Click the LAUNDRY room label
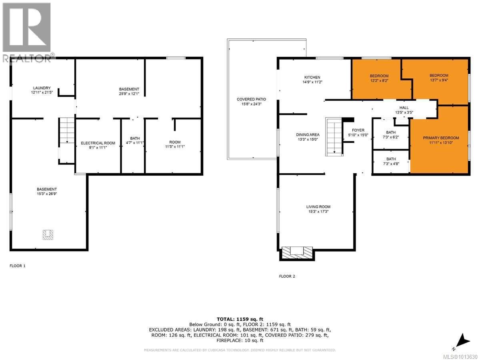pyautogui.click(x=42, y=88)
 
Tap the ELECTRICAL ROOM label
pyautogui.click(x=98, y=143)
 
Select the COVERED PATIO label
pyautogui.click(x=251, y=99)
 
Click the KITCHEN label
pyautogui.click(x=312, y=77)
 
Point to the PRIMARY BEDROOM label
pyautogui.click(x=441, y=138)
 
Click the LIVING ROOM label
pyautogui.click(x=318, y=207)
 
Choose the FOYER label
pyautogui.click(x=358, y=130)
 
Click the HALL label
pyautogui.click(x=404, y=108)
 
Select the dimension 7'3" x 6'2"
pyautogui.click(x=391, y=137)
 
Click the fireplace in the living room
pyautogui.click(x=296, y=253)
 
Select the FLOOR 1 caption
pyautogui.click(x=18, y=266)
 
